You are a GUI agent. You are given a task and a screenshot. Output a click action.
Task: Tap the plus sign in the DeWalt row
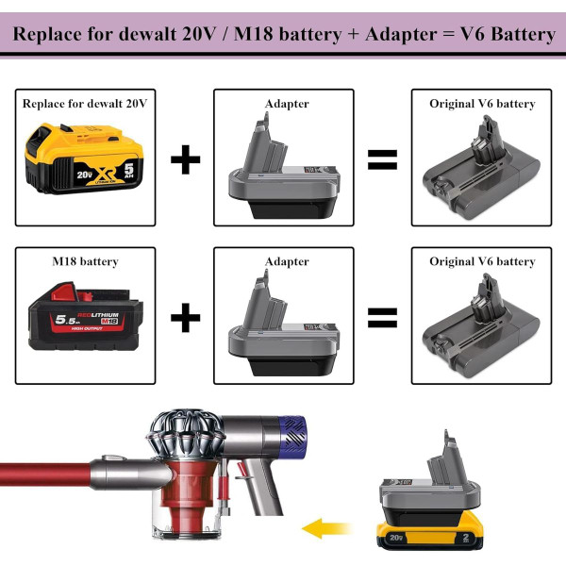pos(185,158)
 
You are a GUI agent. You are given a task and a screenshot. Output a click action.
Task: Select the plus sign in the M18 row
pos(185,318)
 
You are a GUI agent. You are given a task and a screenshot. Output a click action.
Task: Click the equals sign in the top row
pos(381,158)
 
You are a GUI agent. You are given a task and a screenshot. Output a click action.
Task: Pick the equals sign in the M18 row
pos(381,318)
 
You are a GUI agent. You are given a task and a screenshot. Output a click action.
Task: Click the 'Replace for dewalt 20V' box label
pos(85,103)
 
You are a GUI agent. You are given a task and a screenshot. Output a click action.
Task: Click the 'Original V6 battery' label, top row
pos(482,103)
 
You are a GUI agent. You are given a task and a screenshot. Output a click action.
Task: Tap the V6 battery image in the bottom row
pos(482,325)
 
